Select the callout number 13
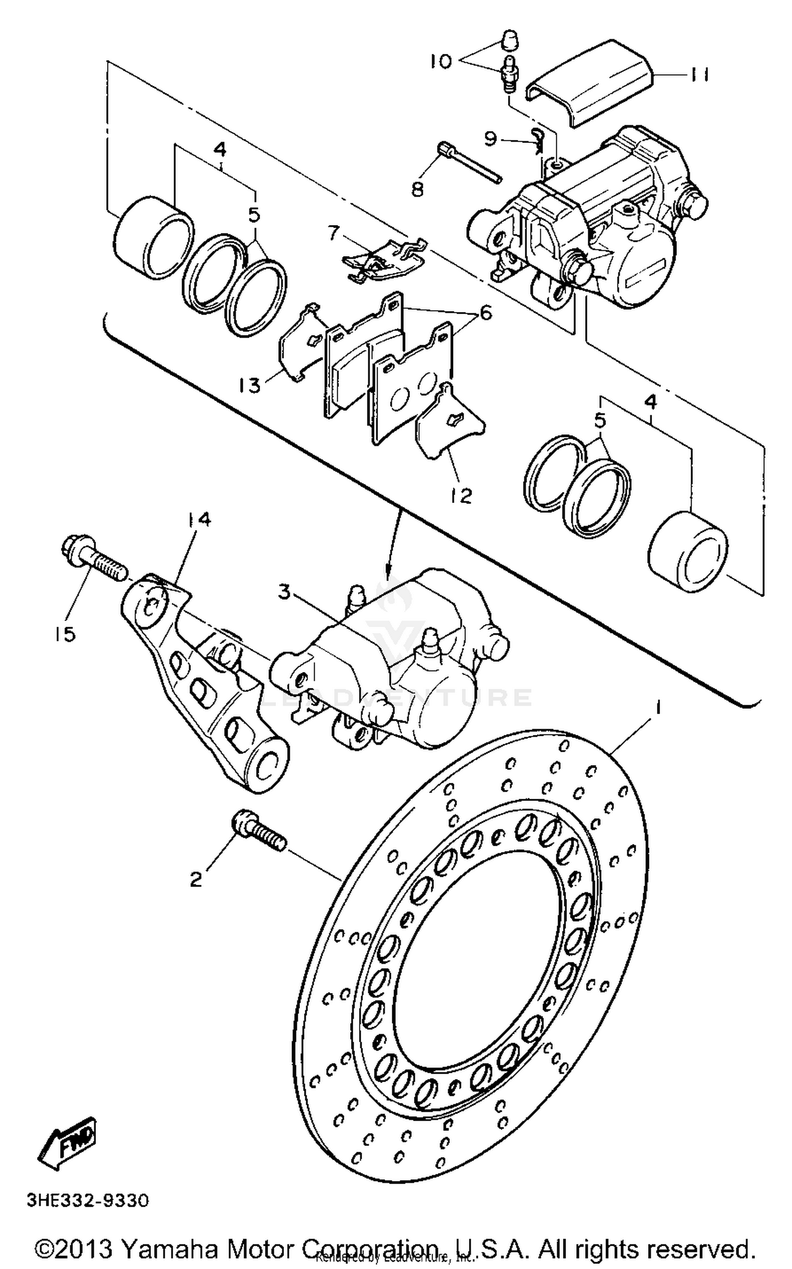coord(250,386)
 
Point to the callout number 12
coord(461,495)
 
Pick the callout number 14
coord(197,519)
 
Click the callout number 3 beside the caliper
coord(285,593)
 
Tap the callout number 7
coord(333,233)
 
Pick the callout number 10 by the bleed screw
coord(440,62)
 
